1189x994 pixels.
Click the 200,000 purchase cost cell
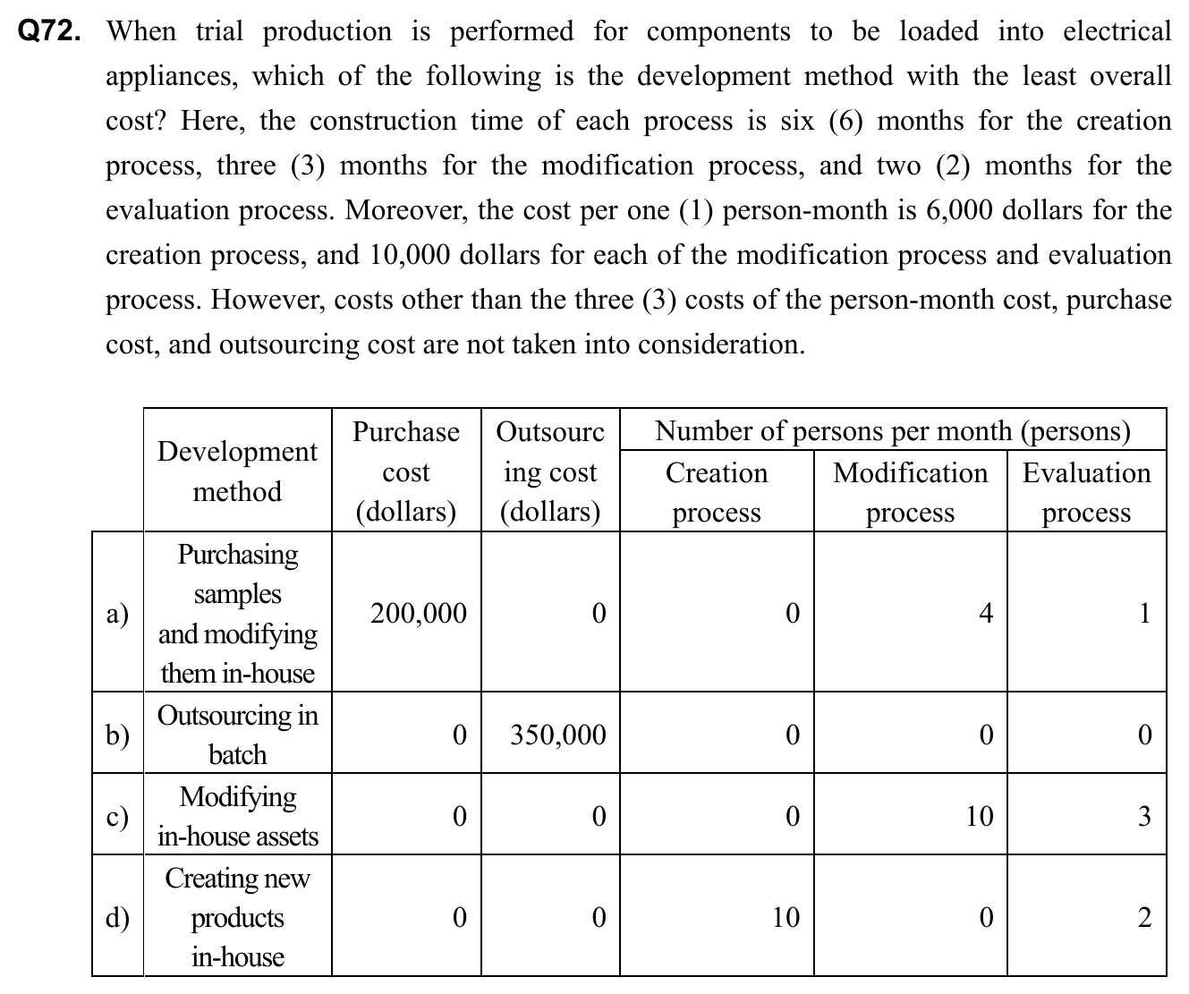[x=419, y=614]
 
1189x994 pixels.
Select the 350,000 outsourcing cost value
[x=558, y=735]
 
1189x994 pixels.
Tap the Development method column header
[x=237, y=472]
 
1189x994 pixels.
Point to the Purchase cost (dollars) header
[x=406, y=472]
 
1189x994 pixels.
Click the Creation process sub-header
[x=717, y=492]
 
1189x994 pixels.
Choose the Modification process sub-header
[x=910, y=492]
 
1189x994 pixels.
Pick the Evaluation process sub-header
[x=1086, y=492]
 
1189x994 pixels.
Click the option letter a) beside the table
[x=117, y=614]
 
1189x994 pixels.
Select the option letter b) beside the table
[x=117, y=735]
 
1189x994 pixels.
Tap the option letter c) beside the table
[x=117, y=817]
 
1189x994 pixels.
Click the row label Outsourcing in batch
[x=237, y=735]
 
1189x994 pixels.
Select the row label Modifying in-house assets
[x=237, y=816]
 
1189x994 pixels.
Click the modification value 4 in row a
[x=985, y=614]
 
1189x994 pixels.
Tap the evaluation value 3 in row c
[x=1143, y=817]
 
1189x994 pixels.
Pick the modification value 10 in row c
[x=980, y=817]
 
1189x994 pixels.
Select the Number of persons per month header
[x=893, y=431]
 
